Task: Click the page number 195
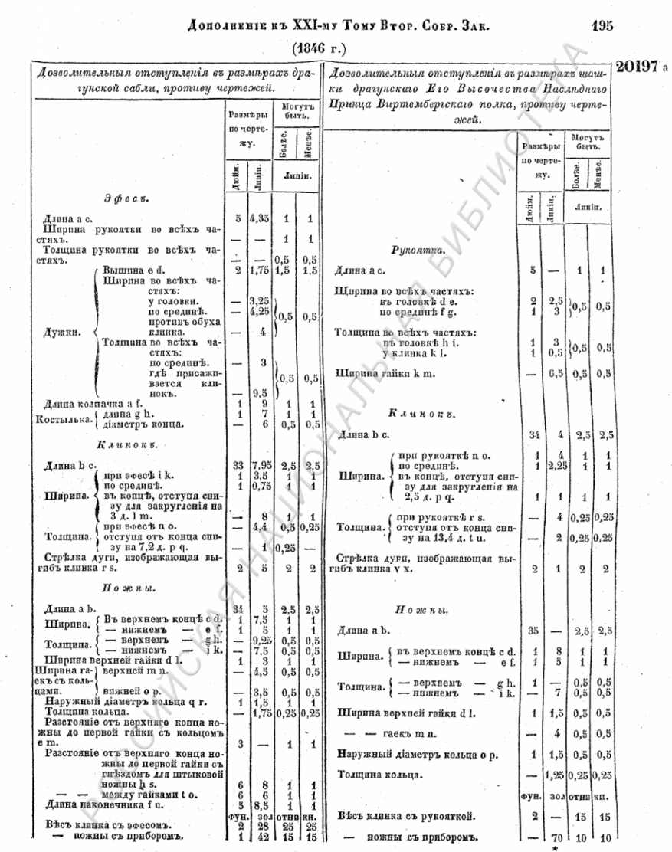pos(603,25)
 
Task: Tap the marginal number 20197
pos(638,67)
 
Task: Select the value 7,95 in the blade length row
pos(261,465)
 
